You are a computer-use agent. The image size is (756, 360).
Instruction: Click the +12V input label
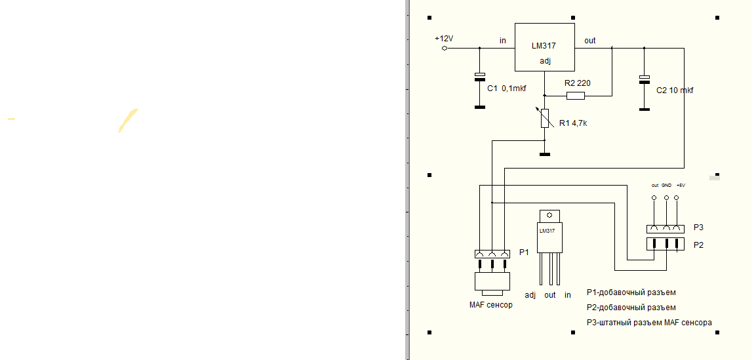(444, 39)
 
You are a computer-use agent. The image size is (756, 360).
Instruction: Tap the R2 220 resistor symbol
(575, 96)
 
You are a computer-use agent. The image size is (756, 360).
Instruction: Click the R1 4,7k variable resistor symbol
(544, 118)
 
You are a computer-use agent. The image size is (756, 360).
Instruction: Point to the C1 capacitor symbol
(480, 76)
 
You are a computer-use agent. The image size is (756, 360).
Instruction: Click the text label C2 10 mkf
(675, 90)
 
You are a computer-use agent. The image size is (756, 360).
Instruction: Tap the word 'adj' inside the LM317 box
(545, 61)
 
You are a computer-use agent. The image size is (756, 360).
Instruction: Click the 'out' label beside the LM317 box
(589, 41)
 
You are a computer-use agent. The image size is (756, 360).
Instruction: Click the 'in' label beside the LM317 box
(503, 41)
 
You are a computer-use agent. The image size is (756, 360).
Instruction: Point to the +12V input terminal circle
(445, 48)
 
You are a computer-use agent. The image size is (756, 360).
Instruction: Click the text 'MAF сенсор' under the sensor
(491, 305)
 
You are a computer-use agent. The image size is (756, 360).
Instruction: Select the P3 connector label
(698, 228)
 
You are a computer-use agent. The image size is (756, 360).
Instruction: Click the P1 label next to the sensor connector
(523, 252)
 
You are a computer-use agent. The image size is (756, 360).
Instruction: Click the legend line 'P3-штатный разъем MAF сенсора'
(648, 322)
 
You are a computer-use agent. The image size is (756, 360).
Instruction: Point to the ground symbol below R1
(544, 155)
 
